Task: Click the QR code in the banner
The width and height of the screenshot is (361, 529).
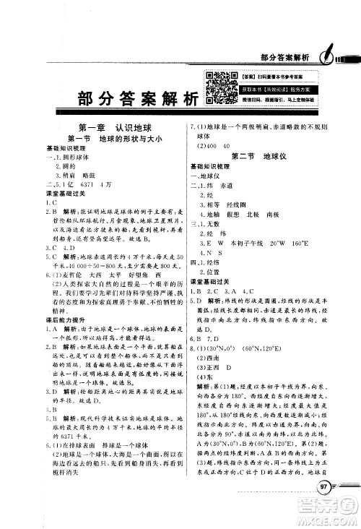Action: point(217,89)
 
